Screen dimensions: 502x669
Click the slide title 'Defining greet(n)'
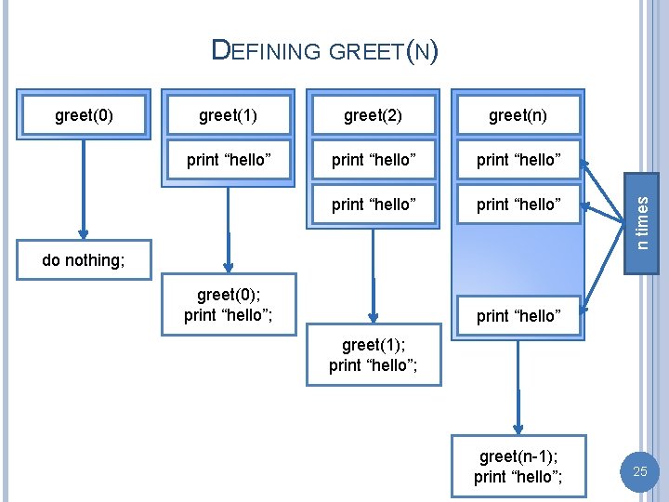(x=324, y=50)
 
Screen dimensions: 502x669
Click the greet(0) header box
(x=85, y=115)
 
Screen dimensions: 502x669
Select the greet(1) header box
(x=229, y=115)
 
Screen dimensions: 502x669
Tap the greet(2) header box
(x=373, y=115)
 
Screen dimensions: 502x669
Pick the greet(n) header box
(x=518, y=115)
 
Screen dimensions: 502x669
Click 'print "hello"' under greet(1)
(x=229, y=160)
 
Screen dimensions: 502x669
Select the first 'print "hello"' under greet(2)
(x=373, y=160)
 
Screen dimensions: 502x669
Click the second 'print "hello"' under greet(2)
(x=373, y=205)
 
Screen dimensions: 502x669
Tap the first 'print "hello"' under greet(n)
(x=518, y=160)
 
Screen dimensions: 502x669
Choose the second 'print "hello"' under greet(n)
(x=518, y=205)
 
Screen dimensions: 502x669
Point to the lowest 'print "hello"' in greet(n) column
(x=518, y=317)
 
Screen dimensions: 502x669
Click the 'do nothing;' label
(x=84, y=260)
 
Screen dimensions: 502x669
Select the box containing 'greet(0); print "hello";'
(x=229, y=304)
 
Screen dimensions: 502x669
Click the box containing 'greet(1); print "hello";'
(x=373, y=354)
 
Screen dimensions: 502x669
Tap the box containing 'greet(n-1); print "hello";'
(x=518, y=466)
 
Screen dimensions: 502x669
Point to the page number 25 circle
(x=639, y=472)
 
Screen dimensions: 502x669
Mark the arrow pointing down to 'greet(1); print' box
(x=373, y=274)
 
